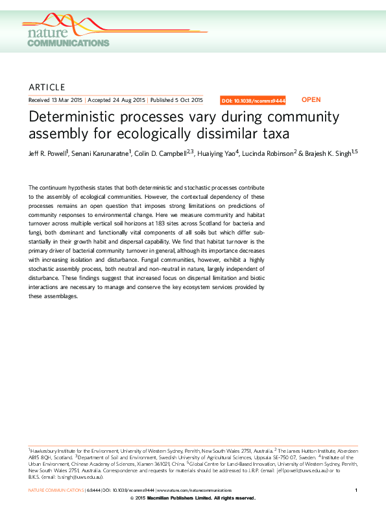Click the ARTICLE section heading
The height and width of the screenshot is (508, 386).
(x=47, y=87)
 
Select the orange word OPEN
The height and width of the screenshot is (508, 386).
(x=311, y=100)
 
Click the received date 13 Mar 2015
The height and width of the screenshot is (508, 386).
(x=66, y=101)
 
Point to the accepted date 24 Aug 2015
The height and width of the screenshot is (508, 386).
(x=127, y=101)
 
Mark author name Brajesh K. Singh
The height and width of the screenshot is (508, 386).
(x=327, y=155)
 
